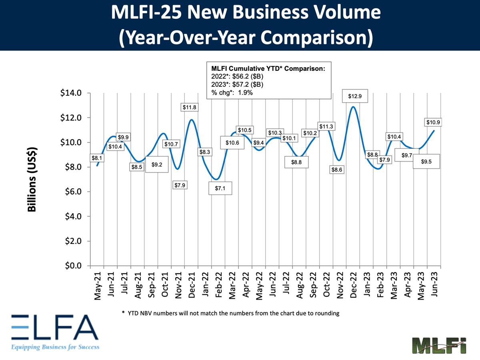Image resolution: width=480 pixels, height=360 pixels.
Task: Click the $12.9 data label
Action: pyautogui.click(x=352, y=97)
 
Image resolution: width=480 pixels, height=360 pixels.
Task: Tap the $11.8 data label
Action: pyautogui.click(x=190, y=107)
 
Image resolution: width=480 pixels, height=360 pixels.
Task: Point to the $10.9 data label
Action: pyautogui.click(x=434, y=122)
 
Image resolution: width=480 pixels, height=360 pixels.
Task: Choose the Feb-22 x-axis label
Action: pyautogui.click(x=218, y=284)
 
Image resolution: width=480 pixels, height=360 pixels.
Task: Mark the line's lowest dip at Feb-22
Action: pyautogui.click(x=216, y=179)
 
